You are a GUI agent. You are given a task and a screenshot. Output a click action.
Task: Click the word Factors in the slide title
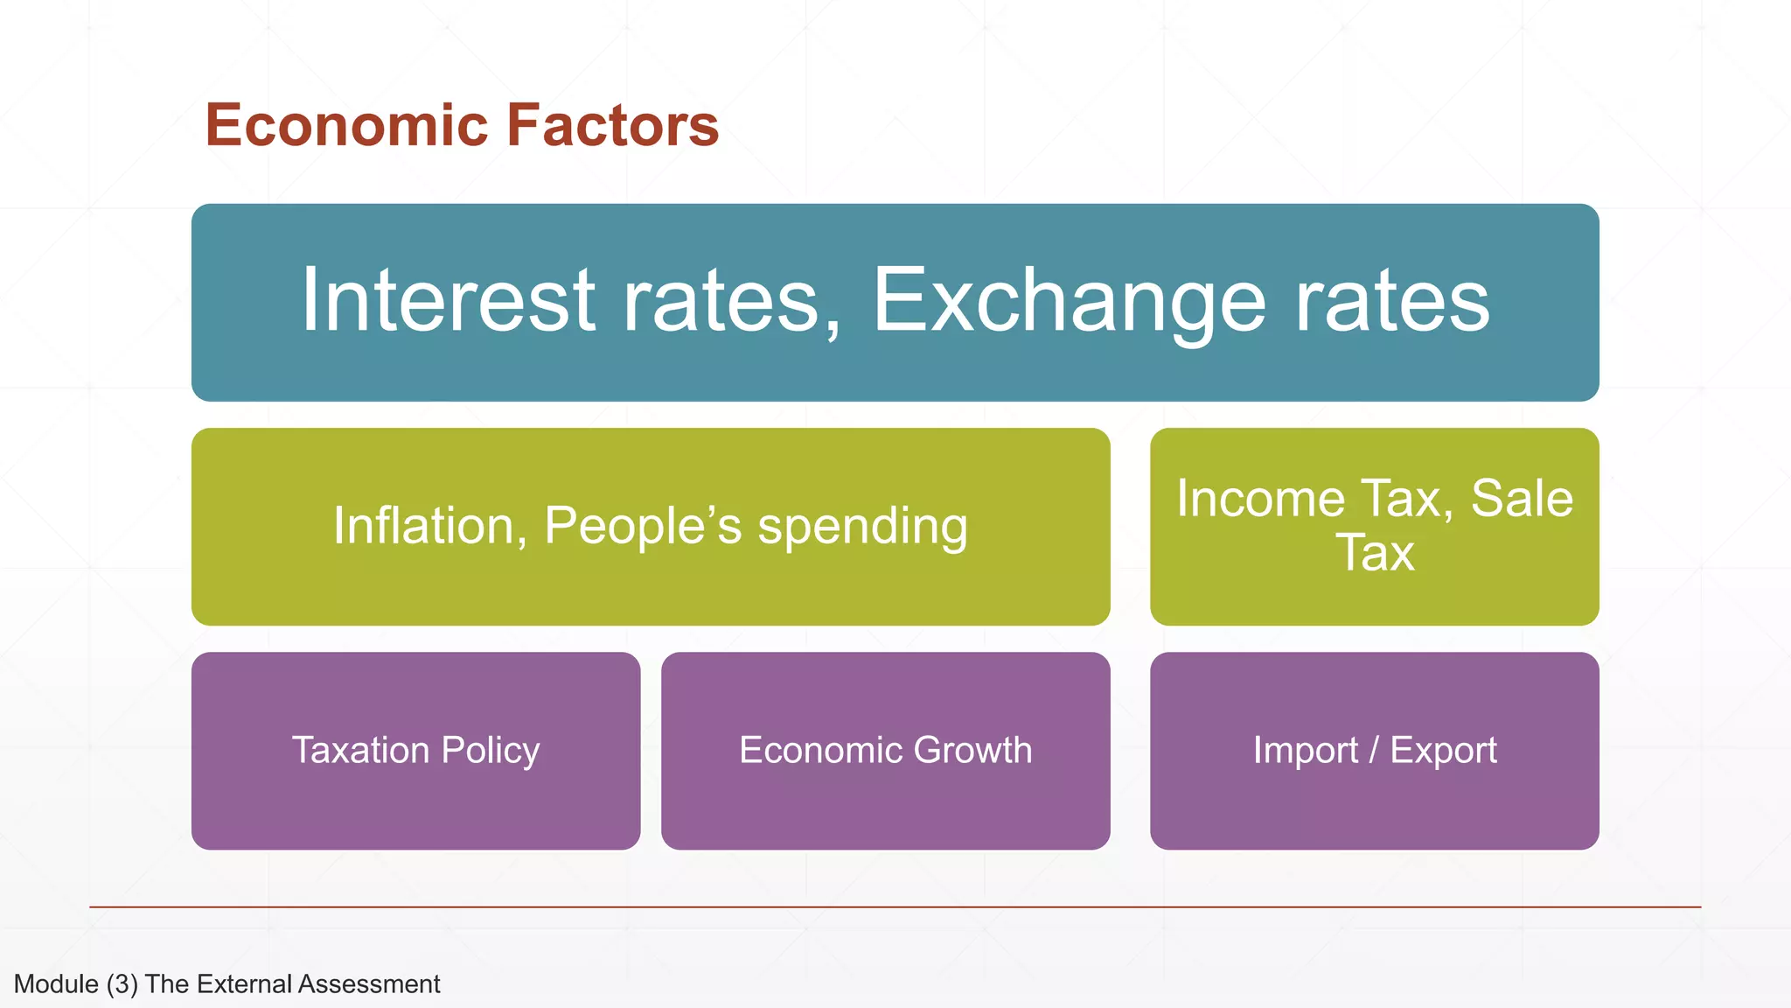[x=612, y=125]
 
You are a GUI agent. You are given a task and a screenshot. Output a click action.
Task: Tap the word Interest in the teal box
[x=449, y=300]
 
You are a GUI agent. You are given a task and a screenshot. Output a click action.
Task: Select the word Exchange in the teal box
[x=1069, y=300]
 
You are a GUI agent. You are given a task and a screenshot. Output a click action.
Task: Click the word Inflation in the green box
[x=429, y=527]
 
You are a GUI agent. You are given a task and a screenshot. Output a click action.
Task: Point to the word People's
[x=643, y=527]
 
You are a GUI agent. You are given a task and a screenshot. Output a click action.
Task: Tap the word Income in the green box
[x=1260, y=500]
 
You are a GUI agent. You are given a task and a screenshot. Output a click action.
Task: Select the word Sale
[x=1522, y=500]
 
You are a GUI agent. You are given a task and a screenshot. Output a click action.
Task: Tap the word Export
[x=1443, y=751]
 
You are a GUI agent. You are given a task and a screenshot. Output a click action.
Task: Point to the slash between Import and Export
[x=1374, y=751]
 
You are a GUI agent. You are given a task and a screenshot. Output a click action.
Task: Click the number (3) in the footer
[x=122, y=984]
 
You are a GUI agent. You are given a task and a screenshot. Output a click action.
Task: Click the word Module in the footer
[x=56, y=984]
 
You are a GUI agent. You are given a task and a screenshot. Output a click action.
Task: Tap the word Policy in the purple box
[x=490, y=751]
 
